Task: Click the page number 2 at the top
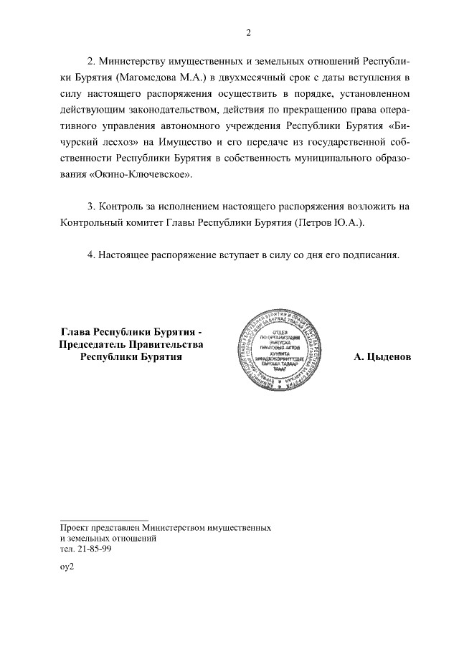tap(248, 32)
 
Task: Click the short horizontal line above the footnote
tap(104, 519)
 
